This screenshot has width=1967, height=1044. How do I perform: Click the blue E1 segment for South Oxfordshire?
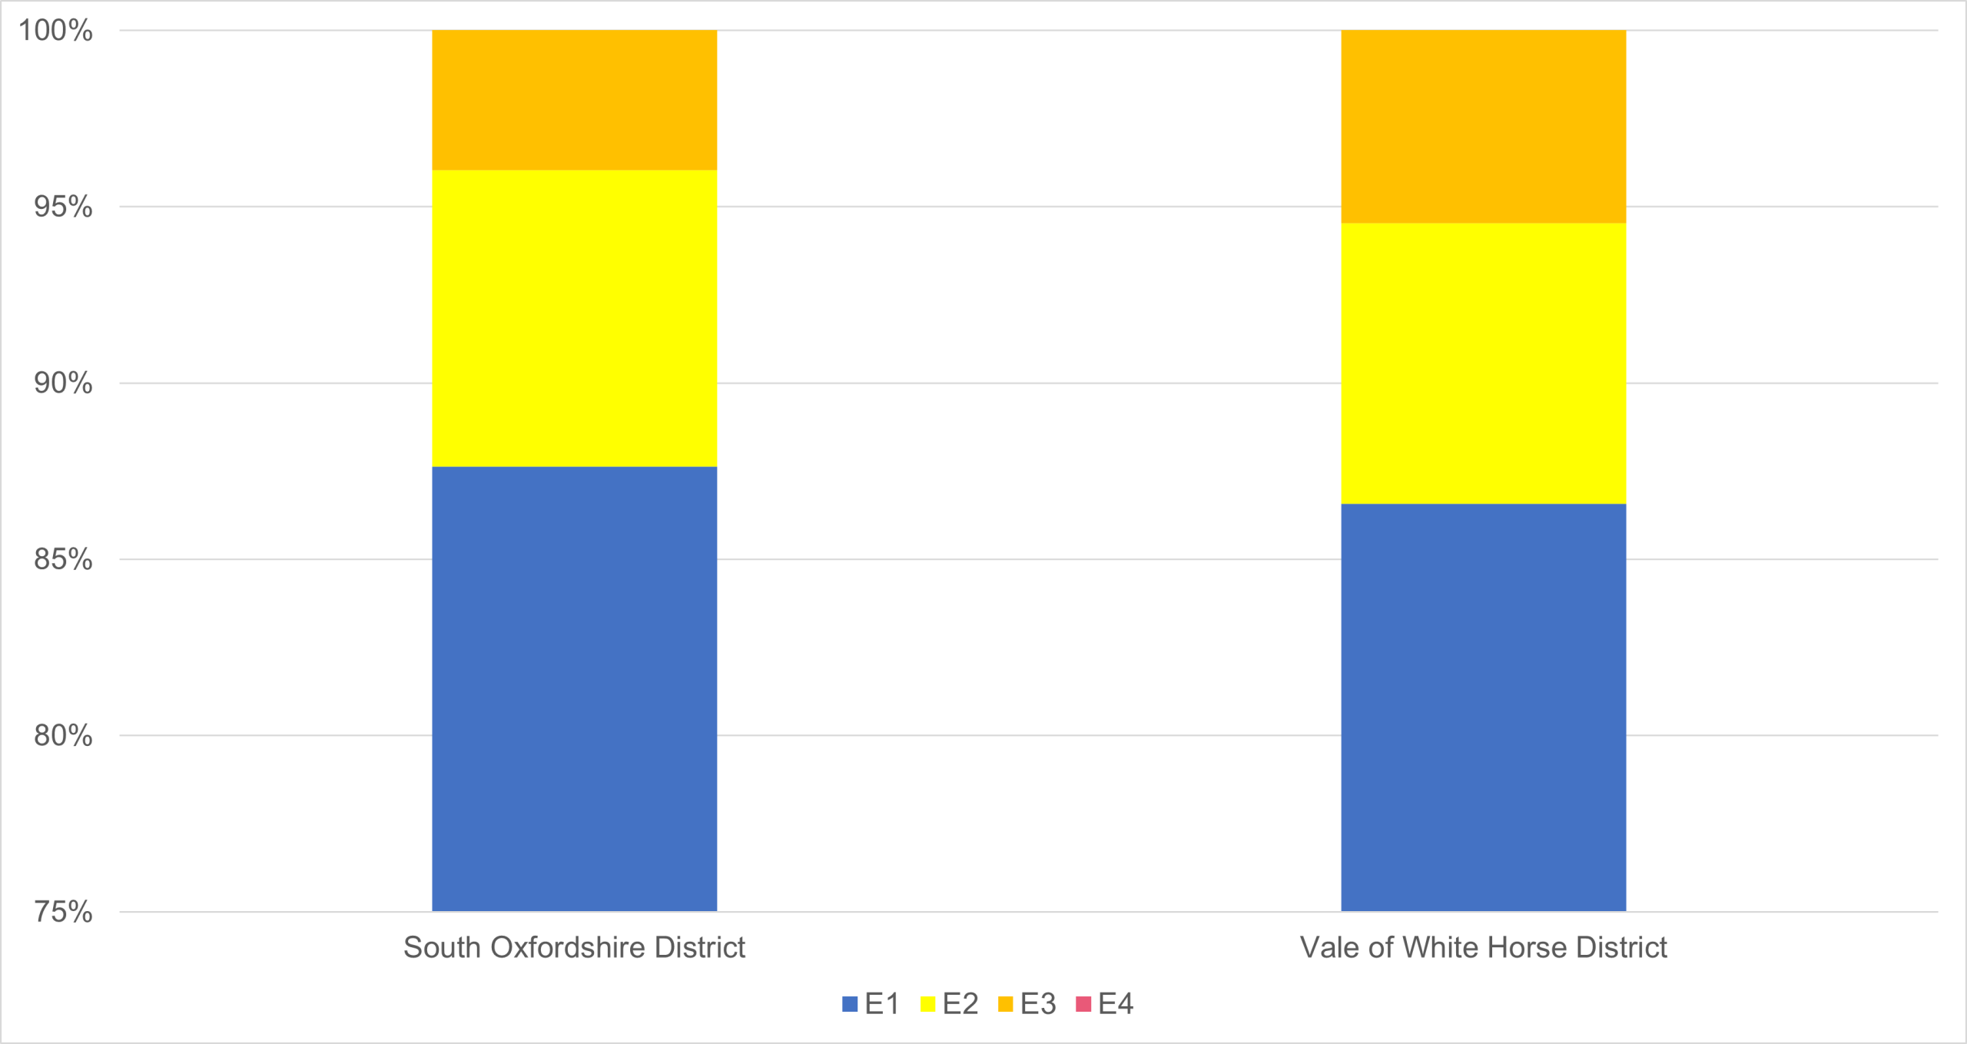[x=574, y=688]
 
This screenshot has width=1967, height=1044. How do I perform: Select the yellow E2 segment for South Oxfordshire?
[x=574, y=318]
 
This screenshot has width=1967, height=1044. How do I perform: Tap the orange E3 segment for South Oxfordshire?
[x=574, y=100]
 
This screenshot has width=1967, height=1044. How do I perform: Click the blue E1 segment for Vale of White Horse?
[x=1483, y=707]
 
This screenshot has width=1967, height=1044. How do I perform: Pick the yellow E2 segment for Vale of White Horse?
[x=1483, y=363]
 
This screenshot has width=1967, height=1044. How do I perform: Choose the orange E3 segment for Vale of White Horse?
[x=1483, y=127]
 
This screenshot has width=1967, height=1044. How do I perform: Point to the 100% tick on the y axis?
[x=55, y=31]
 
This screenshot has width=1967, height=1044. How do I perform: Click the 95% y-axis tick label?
[x=63, y=207]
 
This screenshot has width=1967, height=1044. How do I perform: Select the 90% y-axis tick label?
[x=63, y=383]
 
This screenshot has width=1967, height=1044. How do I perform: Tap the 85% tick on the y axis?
[x=63, y=559]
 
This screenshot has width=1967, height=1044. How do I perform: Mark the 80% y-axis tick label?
[x=63, y=735]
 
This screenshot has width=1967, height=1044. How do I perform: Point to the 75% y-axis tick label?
[x=63, y=912]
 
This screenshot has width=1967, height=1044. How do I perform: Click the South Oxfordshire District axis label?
[x=574, y=947]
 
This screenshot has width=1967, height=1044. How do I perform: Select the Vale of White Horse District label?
[x=1483, y=947]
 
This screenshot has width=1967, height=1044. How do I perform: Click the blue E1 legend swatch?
[x=850, y=1004]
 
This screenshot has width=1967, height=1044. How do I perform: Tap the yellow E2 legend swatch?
[x=927, y=1004]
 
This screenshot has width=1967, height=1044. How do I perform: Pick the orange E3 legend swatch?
[x=1005, y=1004]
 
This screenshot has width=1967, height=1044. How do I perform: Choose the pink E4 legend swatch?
[x=1083, y=1004]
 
